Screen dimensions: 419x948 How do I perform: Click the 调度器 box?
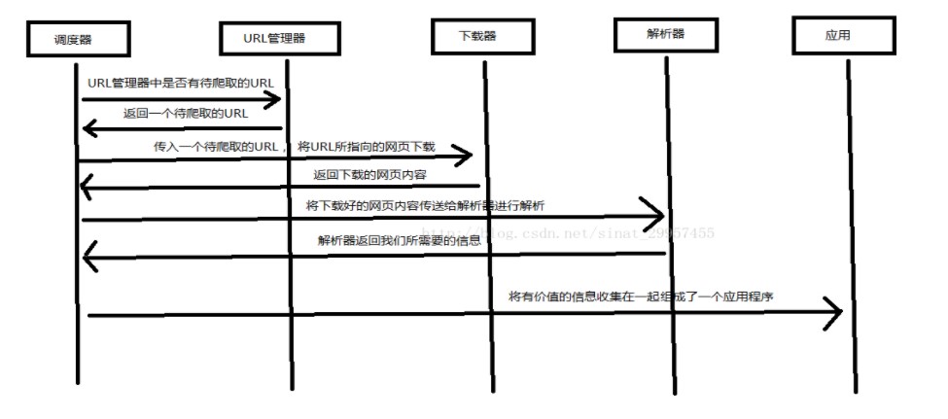[x=79, y=39]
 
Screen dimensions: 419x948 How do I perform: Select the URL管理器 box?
[x=281, y=39]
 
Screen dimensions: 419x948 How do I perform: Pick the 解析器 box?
[x=665, y=34]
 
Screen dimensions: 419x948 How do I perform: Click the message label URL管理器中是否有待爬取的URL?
[x=180, y=84]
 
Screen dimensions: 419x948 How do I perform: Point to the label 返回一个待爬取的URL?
[x=186, y=114]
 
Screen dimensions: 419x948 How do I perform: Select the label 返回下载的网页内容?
[x=369, y=174]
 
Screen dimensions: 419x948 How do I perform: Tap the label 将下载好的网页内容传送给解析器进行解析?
[x=426, y=205]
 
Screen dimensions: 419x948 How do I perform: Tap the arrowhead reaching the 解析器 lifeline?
[x=652, y=212]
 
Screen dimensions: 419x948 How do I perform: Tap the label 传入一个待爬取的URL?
[x=214, y=147]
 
